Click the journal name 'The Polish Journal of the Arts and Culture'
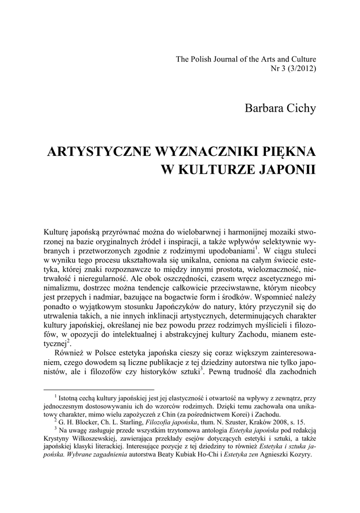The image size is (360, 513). click(x=246, y=59)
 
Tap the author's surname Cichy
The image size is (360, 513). click(x=298, y=108)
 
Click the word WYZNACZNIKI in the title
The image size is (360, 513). click(x=203, y=152)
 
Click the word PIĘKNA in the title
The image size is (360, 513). click(x=290, y=152)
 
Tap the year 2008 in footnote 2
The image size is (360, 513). click(x=268, y=422)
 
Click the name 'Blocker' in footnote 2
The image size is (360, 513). click(x=88, y=422)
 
